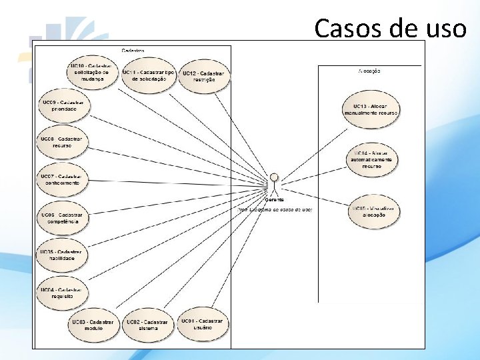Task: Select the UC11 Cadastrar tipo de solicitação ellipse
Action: tap(149, 75)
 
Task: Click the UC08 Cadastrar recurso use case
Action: tap(62, 142)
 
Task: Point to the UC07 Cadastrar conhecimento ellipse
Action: tap(62, 179)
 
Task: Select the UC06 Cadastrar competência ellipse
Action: tap(62, 218)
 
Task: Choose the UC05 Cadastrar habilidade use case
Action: tap(62, 255)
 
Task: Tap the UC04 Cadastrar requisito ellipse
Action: tap(62, 293)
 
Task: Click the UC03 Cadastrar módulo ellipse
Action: tap(93, 325)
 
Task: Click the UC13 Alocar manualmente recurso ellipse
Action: tap(371, 109)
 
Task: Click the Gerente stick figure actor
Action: tap(274, 183)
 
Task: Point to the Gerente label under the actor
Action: tap(274, 199)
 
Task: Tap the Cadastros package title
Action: tap(133, 50)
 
